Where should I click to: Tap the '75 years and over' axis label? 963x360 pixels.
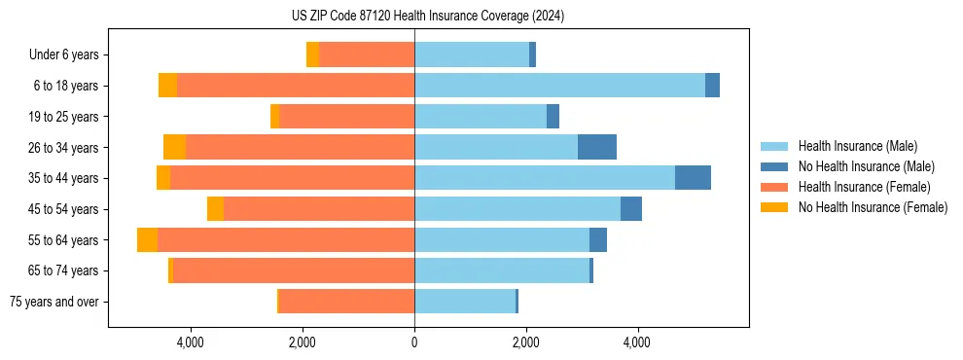[x=53, y=302]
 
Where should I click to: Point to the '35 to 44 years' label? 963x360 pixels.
[x=62, y=178]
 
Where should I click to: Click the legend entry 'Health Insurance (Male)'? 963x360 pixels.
[x=857, y=146]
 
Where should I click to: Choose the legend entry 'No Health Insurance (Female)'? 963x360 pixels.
[x=873, y=207]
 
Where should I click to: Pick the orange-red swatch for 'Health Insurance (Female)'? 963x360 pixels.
[x=773, y=187]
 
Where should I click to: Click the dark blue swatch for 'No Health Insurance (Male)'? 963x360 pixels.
[x=773, y=166]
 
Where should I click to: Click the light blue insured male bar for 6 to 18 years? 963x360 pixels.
[x=559, y=86]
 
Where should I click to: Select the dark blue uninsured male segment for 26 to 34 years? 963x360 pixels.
[x=596, y=147]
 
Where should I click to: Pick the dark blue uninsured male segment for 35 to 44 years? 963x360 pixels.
[x=693, y=178]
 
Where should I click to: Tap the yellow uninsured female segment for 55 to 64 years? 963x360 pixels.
[x=147, y=240]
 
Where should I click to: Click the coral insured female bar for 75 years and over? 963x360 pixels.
[x=346, y=302]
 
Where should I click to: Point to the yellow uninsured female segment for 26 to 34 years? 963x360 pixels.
[x=174, y=147]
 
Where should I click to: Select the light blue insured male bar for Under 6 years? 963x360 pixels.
[x=472, y=55]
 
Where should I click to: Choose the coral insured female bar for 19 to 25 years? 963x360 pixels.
[x=346, y=117]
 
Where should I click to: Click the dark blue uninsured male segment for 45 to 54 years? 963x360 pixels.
[x=630, y=209]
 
